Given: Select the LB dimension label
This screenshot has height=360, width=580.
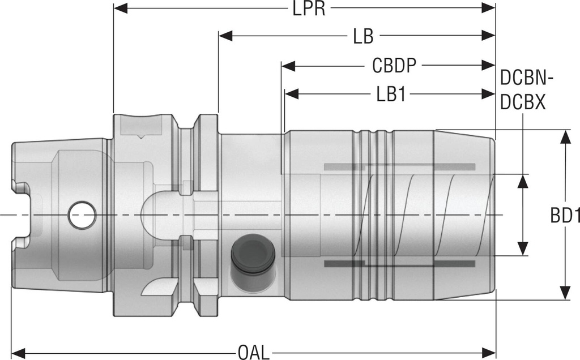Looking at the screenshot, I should [x=363, y=37].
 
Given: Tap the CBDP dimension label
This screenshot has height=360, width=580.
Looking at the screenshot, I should [x=394, y=66].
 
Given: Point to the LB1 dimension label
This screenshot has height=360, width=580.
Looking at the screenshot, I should [x=391, y=94].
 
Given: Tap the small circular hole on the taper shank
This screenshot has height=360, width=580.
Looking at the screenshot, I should [x=82, y=216].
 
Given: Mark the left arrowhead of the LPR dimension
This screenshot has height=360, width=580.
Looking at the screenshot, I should [x=121, y=8].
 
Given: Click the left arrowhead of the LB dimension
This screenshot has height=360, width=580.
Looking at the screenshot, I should [x=226, y=36].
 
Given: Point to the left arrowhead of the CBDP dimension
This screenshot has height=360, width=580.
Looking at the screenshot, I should [x=288, y=66].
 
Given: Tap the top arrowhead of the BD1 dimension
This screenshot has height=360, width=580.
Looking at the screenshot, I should [x=565, y=136].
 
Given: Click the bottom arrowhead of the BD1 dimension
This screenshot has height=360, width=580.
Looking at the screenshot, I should [x=565, y=293].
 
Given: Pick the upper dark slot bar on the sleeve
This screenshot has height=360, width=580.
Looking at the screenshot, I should [x=399, y=167].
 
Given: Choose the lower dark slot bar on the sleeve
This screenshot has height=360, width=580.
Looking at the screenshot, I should [x=399, y=264].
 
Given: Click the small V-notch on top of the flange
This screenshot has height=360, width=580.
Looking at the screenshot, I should [x=141, y=136].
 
